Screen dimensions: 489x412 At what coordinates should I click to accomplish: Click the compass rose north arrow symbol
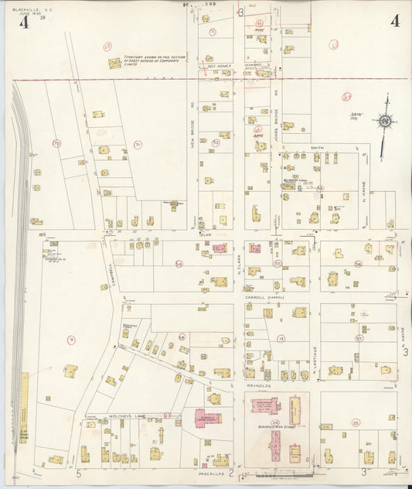384,121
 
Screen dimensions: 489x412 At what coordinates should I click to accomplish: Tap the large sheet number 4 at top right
395,21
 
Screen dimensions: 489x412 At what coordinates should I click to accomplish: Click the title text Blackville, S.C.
29,9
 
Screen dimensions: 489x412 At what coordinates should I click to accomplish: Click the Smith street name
317,147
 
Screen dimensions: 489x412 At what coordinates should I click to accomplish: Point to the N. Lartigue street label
316,357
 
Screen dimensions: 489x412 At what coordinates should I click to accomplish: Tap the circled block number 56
358,264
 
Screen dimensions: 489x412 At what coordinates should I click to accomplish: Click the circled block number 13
281,338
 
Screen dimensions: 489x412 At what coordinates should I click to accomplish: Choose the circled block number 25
356,422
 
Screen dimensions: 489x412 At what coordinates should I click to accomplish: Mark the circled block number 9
71,339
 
